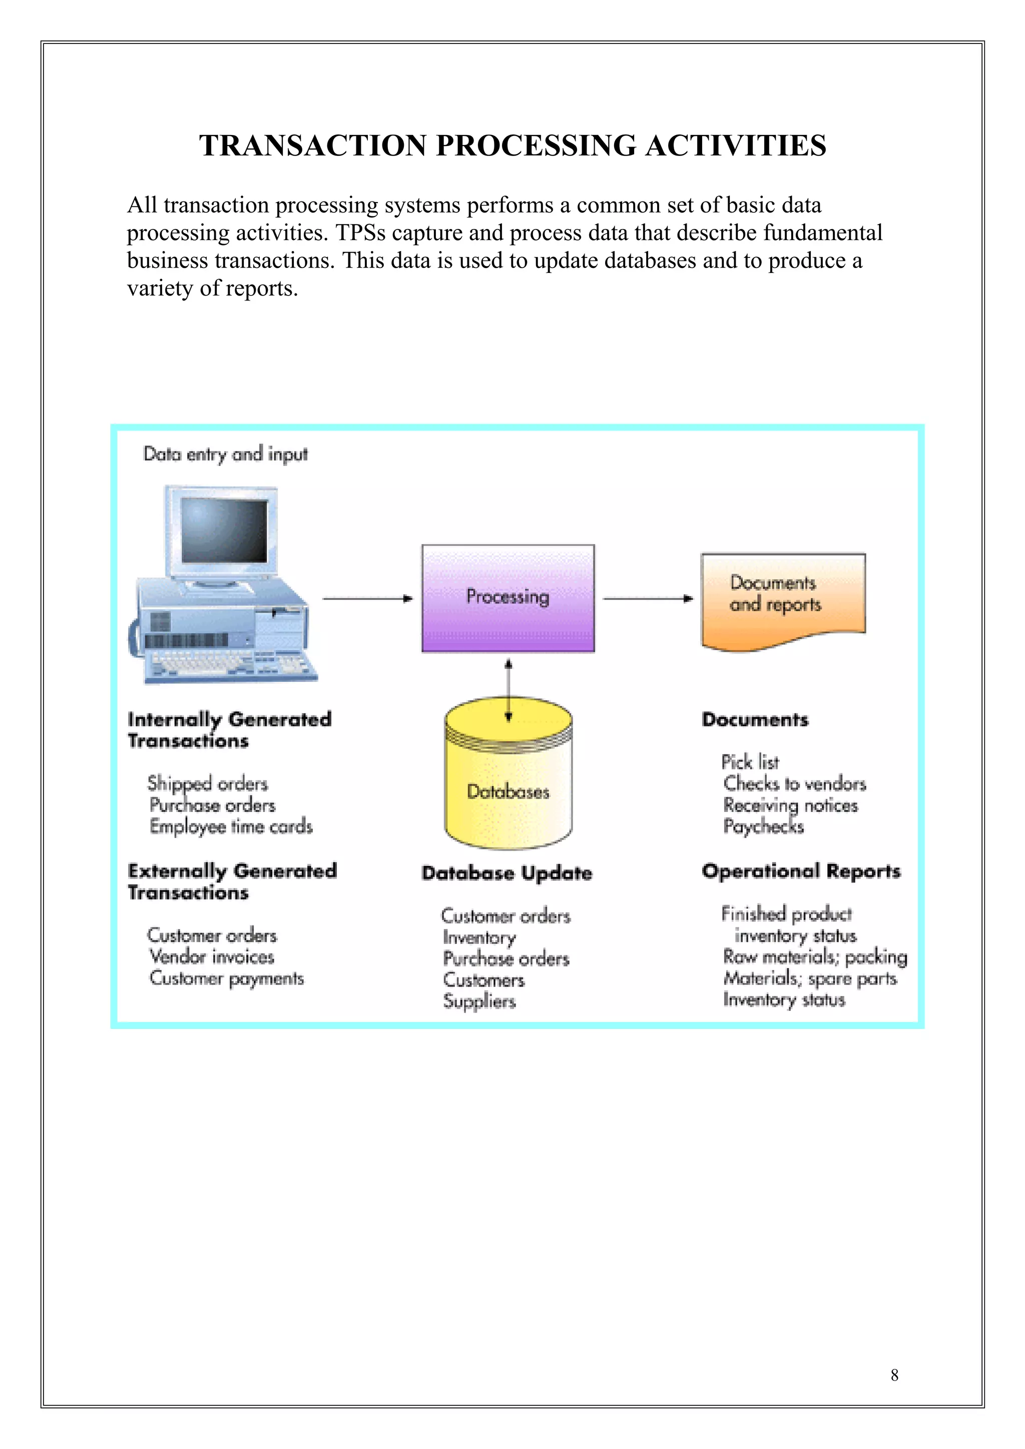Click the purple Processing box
(508, 597)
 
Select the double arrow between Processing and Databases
(508, 690)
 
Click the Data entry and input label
(225, 454)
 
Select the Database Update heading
(506, 873)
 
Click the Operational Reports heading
(801, 871)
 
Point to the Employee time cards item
(231, 826)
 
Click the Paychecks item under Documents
(763, 826)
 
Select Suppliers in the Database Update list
(479, 1001)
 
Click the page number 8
(894, 1375)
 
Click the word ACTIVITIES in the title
(735, 146)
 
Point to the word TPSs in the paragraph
(360, 233)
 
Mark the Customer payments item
(226, 979)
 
